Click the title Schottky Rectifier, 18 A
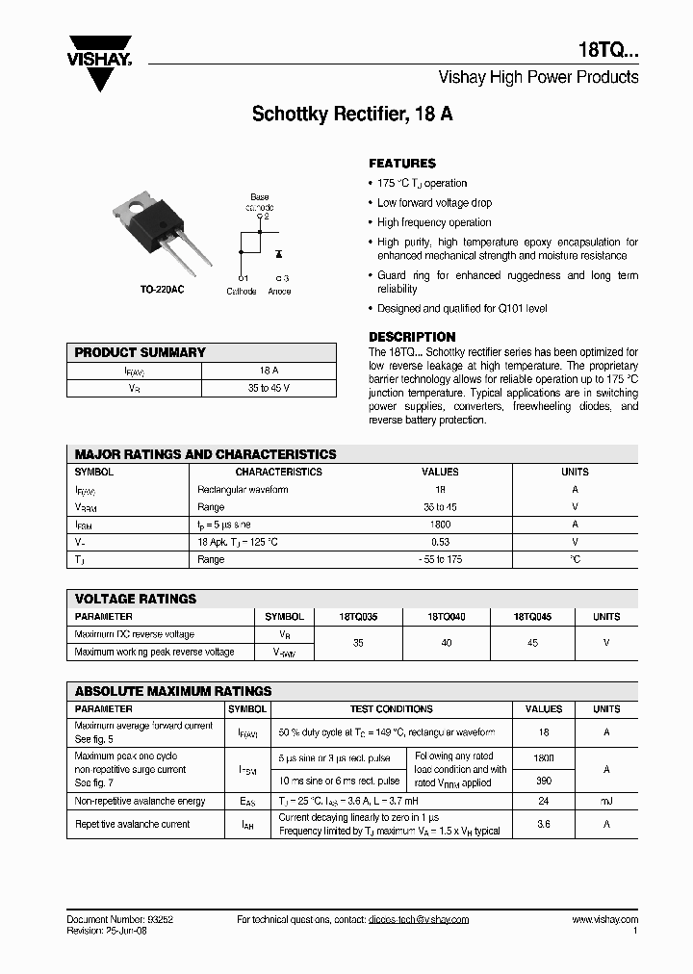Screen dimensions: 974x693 click(x=352, y=114)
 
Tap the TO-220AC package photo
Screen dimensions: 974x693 click(x=159, y=226)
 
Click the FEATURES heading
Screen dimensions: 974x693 click(x=402, y=164)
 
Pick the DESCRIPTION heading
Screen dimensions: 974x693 click(x=412, y=337)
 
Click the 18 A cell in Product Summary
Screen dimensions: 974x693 click(x=269, y=371)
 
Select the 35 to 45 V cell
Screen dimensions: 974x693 click(x=269, y=389)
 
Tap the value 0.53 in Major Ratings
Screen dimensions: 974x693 click(x=440, y=542)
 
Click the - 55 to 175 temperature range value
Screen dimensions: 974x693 click(x=440, y=559)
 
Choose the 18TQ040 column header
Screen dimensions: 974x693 click(x=446, y=617)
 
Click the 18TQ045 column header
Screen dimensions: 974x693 click(x=532, y=617)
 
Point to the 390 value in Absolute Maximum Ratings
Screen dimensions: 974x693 click(x=544, y=782)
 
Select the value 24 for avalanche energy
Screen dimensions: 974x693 click(x=544, y=801)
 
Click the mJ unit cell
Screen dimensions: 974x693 click(x=606, y=801)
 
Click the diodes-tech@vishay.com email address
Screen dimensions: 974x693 click(x=418, y=920)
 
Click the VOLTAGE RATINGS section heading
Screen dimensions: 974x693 click(x=136, y=599)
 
